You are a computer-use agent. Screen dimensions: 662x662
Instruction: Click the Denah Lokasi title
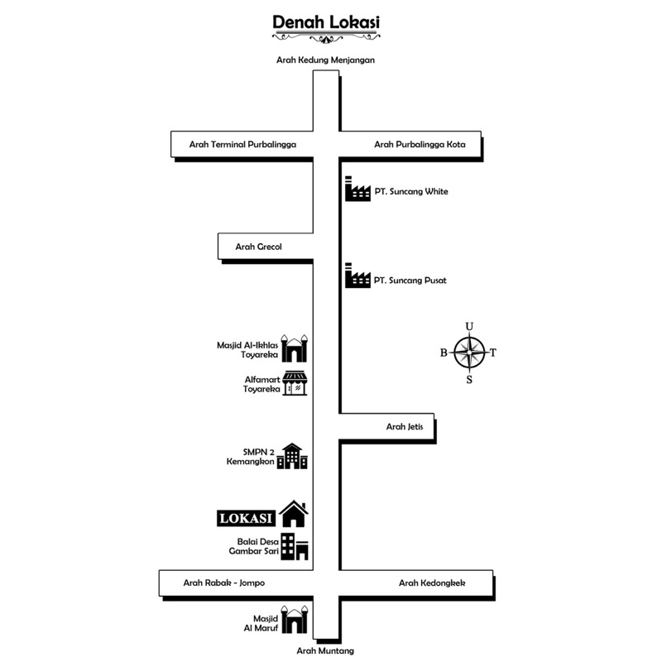click(x=326, y=22)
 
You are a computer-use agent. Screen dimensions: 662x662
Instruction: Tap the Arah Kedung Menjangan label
click(x=325, y=60)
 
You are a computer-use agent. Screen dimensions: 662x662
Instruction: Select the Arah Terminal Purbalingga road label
click(x=242, y=144)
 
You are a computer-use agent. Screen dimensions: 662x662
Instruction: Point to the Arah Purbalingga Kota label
click(x=420, y=144)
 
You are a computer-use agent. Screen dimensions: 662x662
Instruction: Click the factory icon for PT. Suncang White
click(x=357, y=189)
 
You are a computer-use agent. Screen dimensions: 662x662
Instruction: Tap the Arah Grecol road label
click(x=259, y=246)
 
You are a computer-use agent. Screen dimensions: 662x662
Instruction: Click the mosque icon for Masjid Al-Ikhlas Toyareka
click(x=294, y=348)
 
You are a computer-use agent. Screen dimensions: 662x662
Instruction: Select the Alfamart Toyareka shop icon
click(x=295, y=383)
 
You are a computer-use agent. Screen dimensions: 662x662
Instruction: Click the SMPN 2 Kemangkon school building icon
click(x=292, y=456)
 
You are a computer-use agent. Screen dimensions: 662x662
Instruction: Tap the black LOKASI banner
click(x=245, y=518)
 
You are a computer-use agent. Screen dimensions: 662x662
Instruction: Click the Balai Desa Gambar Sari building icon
click(x=293, y=547)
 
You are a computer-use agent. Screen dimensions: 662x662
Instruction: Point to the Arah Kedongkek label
click(x=432, y=583)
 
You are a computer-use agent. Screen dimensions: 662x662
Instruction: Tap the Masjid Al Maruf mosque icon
click(x=295, y=620)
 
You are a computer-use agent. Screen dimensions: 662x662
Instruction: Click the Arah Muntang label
click(x=325, y=651)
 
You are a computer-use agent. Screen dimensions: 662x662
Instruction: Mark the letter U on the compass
click(x=469, y=325)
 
